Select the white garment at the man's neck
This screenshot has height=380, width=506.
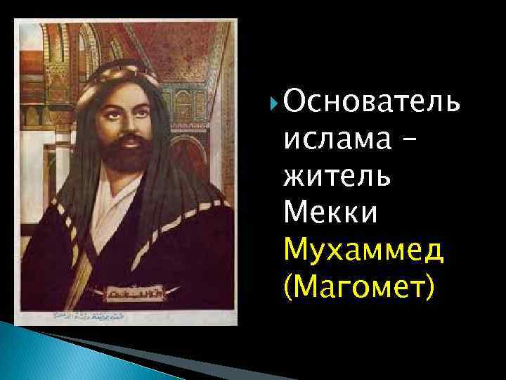(x=126, y=201)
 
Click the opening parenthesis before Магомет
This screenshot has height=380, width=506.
(x=289, y=287)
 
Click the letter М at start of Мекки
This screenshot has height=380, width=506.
(x=296, y=213)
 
